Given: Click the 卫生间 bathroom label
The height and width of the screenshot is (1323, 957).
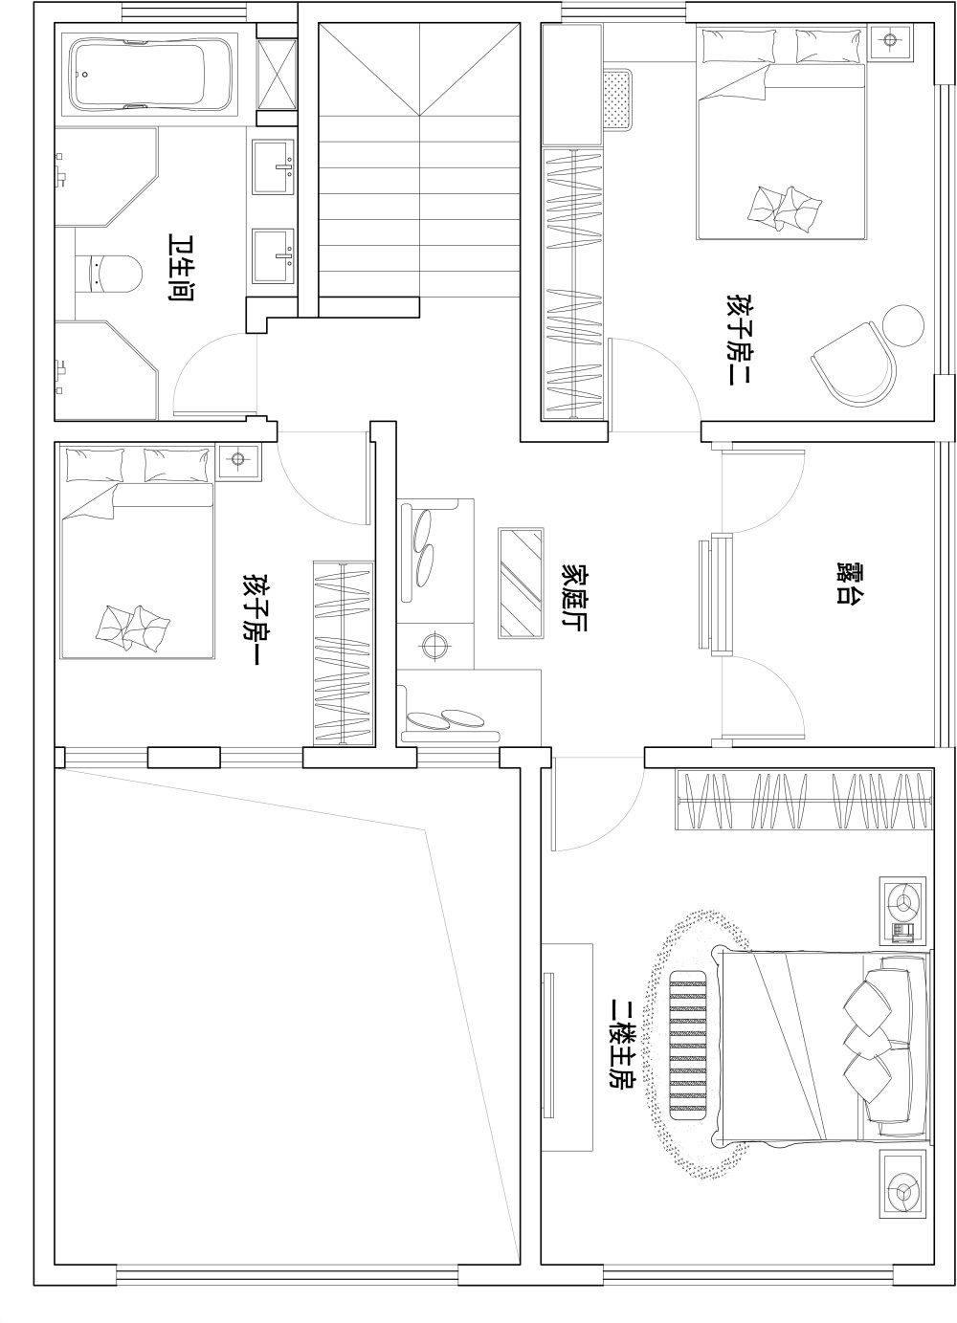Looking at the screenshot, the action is tap(178, 268).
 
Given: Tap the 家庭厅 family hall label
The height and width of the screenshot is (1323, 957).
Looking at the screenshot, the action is tap(573, 597).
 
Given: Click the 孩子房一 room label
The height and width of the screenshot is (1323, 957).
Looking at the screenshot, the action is tap(251, 618).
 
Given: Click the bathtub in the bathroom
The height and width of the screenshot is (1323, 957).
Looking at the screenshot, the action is tap(150, 75).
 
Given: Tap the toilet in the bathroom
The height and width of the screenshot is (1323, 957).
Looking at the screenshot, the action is tap(109, 274).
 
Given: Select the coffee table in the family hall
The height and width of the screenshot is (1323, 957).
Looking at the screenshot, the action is tap(521, 583).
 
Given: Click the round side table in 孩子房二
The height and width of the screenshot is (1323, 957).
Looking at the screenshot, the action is tap(902, 326).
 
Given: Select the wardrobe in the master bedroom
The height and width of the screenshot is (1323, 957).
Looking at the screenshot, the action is tap(804, 800).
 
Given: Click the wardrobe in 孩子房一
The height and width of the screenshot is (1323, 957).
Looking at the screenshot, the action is tap(344, 652).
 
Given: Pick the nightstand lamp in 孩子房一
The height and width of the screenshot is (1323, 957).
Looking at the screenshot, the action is tap(237, 459).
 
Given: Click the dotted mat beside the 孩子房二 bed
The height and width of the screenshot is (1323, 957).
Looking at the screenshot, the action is tap(618, 99).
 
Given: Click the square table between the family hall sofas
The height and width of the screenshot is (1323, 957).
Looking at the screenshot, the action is tap(435, 645).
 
